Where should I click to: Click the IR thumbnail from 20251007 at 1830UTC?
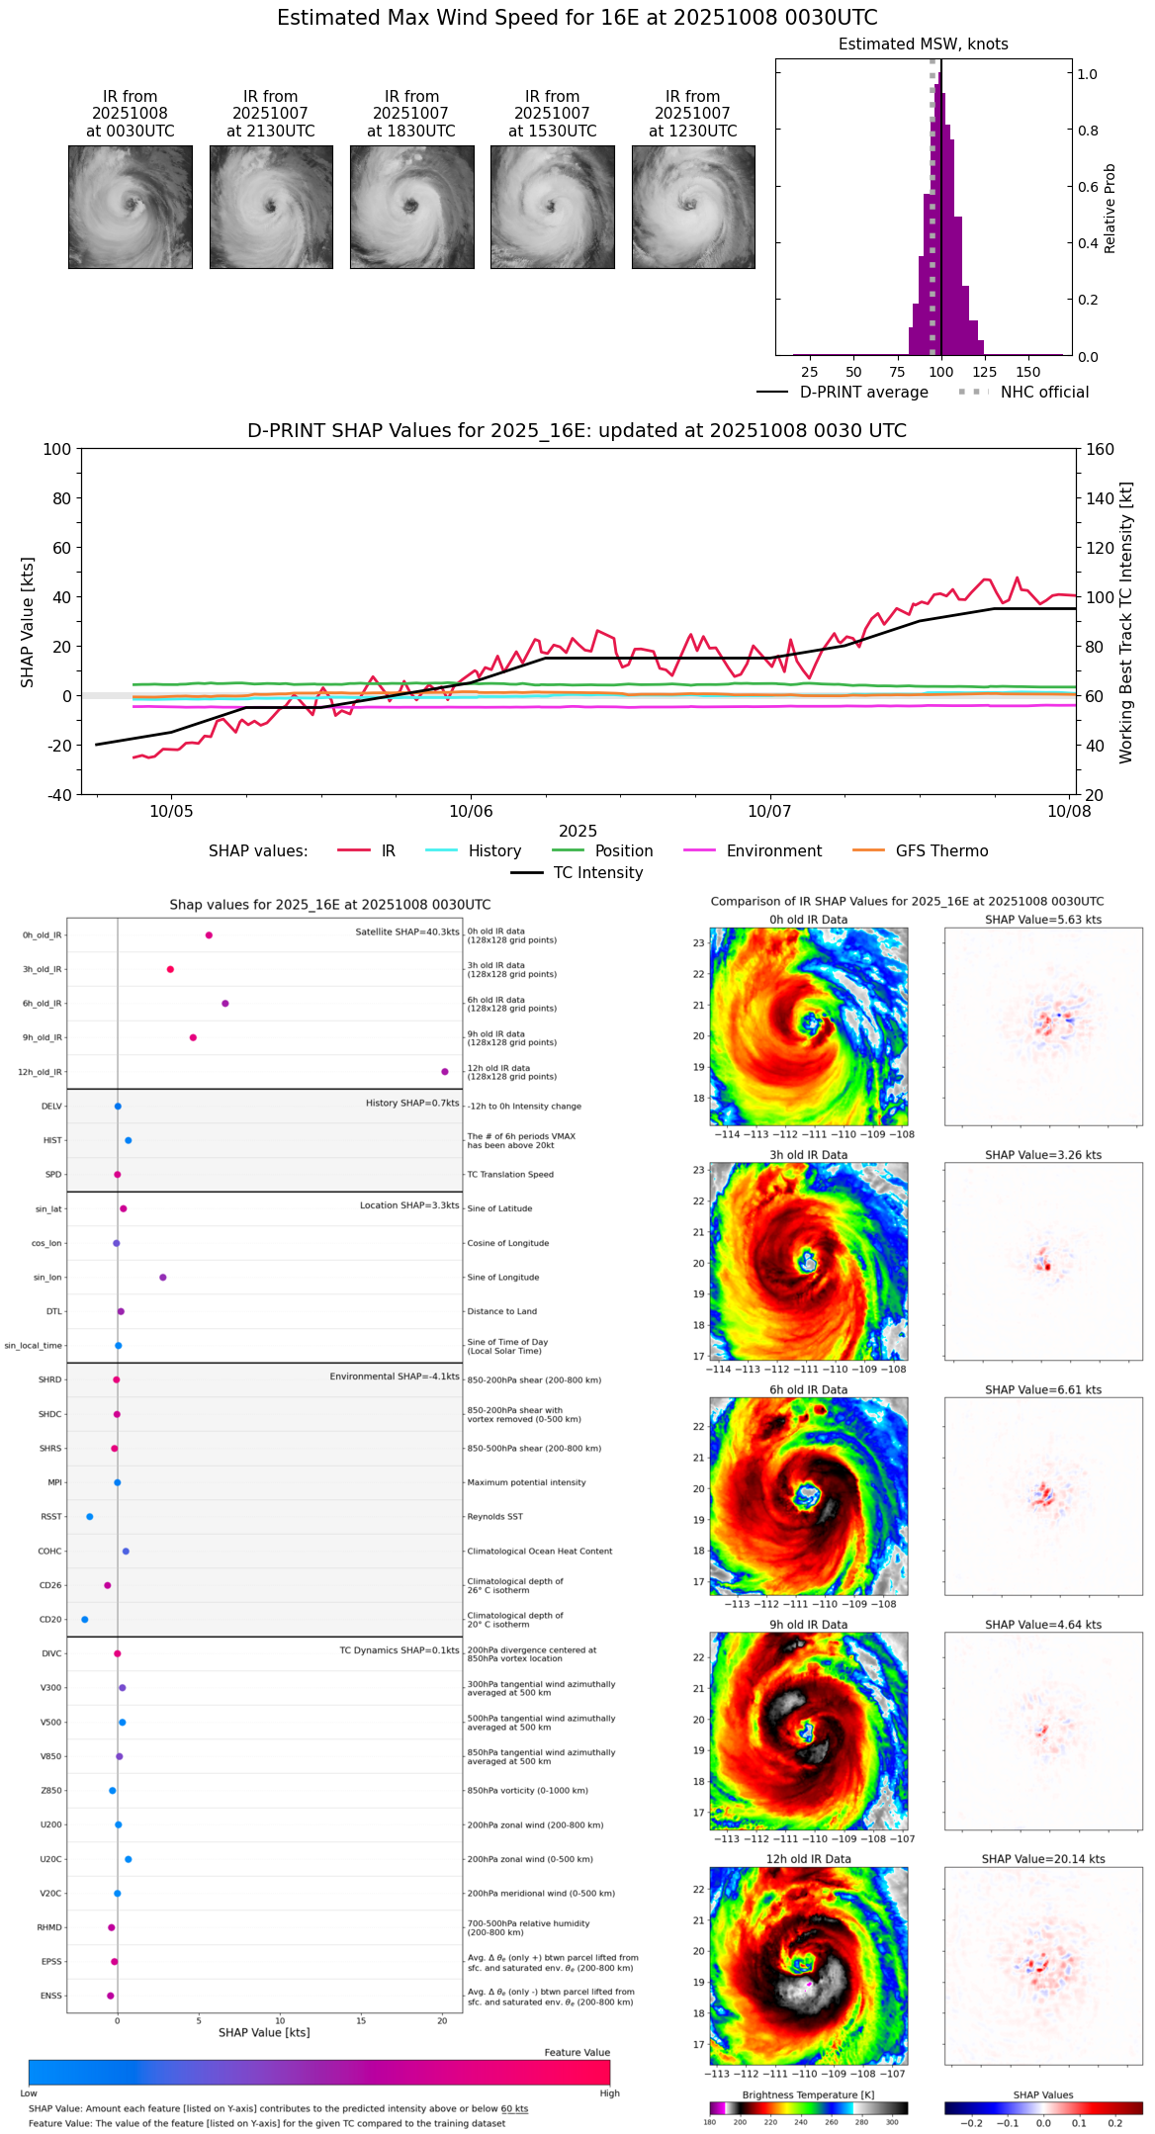coord(411,207)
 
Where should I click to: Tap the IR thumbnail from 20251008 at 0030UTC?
coord(130,207)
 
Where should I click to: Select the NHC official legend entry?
coord(1043,393)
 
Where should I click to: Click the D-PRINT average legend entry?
coord(863,393)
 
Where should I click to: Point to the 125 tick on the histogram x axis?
coord(985,372)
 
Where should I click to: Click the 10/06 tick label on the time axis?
coord(471,812)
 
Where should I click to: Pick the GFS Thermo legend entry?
coord(941,851)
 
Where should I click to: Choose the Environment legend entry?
coord(773,851)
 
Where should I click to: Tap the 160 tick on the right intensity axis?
coord(1101,449)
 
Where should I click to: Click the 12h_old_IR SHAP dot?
coord(445,1072)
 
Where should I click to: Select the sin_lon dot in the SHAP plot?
coord(163,1278)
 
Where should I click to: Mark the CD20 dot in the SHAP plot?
coord(85,1620)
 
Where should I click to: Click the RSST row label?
coord(51,1517)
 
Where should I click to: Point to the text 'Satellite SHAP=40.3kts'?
coord(407,933)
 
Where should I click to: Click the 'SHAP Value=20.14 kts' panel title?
coord(1043,1859)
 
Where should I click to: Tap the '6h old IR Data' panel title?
coord(808,1389)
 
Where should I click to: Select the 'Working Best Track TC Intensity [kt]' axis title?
coord(1126,623)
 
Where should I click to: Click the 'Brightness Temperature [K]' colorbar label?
coord(808,2094)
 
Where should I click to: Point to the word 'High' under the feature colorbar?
coord(609,2092)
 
